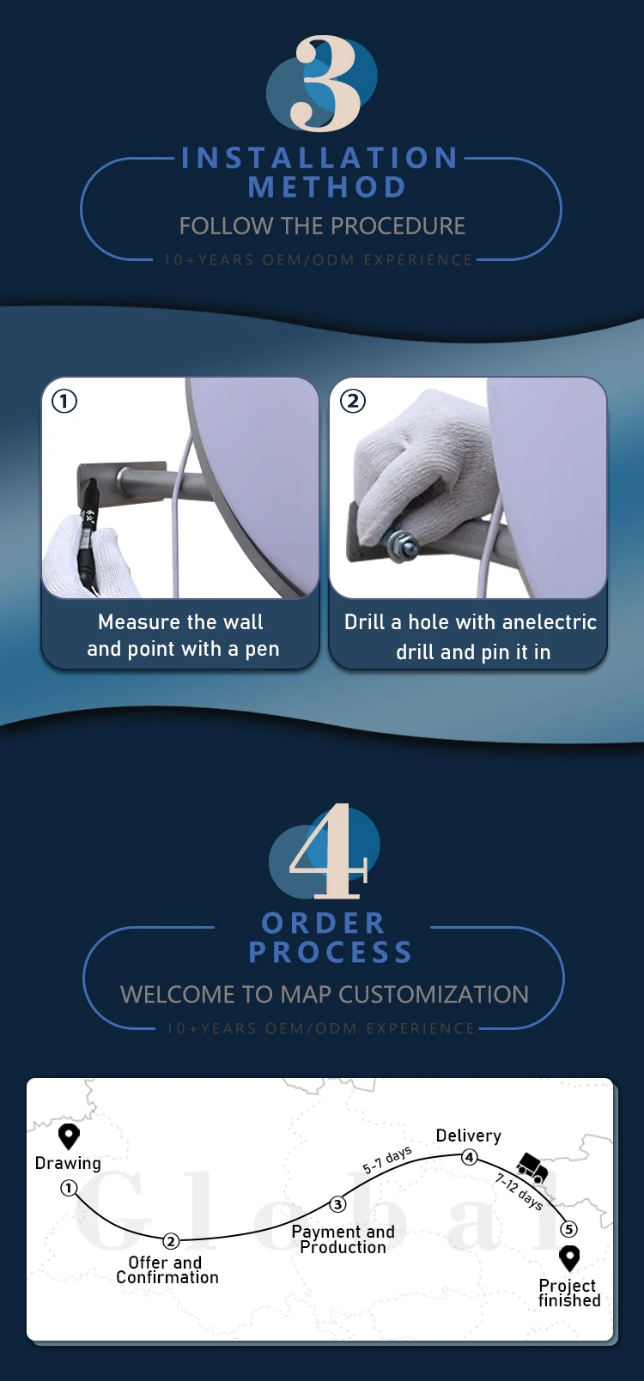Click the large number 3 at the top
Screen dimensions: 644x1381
pyautogui.click(x=326, y=83)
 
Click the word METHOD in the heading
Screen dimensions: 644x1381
pyautogui.click(x=327, y=187)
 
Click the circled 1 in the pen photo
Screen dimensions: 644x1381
pyautogui.click(x=64, y=402)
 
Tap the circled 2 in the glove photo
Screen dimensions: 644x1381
pyautogui.click(x=353, y=402)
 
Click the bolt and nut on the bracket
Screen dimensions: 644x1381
pyautogui.click(x=401, y=543)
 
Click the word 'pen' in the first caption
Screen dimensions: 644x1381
pyautogui.click(x=262, y=650)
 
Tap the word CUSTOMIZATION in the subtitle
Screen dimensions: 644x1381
pyautogui.click(x=434, y=995)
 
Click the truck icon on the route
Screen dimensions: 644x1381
pyautogui.click(x=532, y=1167)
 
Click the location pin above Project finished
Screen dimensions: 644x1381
pyautogui.click(x=569, y=1258)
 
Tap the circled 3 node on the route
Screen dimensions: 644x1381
pyautogui.click(x=337, y=1204)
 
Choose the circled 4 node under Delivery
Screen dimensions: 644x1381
pyautogui.click(x=470, y=1157)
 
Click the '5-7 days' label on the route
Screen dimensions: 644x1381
pyautogui.click(x=387, y=1160)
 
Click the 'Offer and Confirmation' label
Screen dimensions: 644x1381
pyautogui.click(x=167, y=1270)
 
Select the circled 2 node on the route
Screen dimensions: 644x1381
pyautogui.click(x=171, y=1241)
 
